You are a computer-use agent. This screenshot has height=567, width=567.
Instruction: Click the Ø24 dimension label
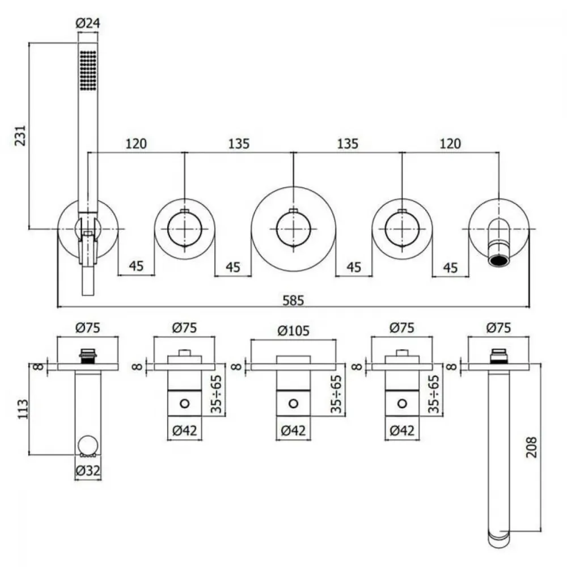88,23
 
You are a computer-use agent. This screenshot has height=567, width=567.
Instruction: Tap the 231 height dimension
20,136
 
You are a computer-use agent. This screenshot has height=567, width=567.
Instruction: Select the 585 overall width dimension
293,301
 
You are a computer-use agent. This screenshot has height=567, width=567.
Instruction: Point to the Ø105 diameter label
293,331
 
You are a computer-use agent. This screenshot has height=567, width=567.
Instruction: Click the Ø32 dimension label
88,471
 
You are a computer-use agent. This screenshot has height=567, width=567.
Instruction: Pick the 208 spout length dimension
531,447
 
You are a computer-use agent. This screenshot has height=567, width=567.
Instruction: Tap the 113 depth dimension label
23,409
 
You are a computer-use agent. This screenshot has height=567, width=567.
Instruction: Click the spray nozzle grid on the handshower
88,70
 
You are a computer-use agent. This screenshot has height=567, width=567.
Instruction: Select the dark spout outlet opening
499,260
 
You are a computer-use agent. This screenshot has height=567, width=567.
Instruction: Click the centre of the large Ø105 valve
293,229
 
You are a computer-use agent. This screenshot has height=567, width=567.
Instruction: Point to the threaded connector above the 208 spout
498,356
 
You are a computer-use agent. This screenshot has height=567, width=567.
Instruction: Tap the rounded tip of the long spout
499,543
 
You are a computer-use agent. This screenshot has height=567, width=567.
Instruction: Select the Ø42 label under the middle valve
293,431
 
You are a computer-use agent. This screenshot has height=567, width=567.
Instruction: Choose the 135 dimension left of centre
239,143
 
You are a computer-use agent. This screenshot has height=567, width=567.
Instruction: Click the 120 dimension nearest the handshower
136,143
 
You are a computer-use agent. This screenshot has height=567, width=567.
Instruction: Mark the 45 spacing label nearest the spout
450,268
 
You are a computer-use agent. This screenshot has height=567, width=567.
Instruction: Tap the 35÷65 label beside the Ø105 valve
336,394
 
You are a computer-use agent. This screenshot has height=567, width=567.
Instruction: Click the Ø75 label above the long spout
498,328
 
